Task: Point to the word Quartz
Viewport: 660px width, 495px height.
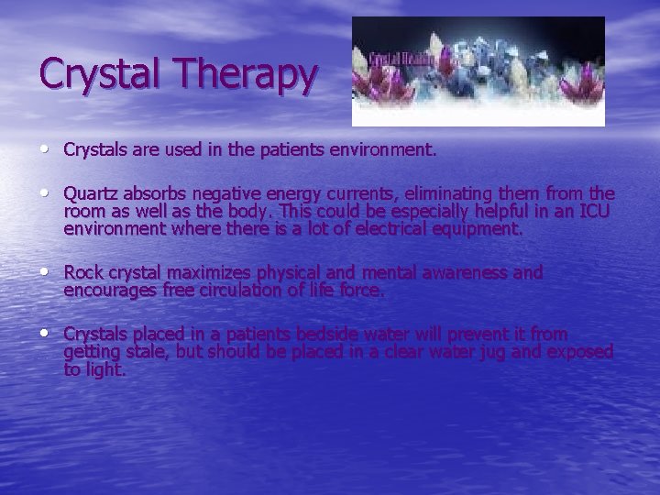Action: click(91, 194)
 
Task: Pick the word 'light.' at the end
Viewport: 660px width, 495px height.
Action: click(104, 369)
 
